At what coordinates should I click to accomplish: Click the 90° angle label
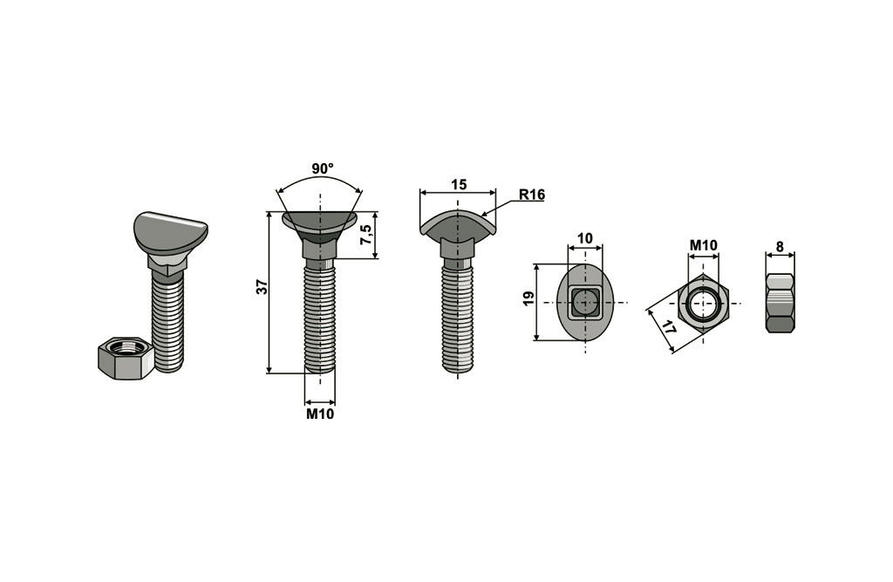tap(323, 168)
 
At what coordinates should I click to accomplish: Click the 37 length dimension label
tap(262, 287)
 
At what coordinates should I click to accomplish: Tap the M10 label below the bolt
tap(320, 414)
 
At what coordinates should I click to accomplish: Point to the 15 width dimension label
tap(459, 185)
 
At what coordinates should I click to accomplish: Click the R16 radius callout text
tap(532, 195)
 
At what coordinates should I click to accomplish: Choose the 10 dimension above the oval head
tap(585, 238)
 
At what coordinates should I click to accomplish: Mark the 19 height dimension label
tap(528, 298)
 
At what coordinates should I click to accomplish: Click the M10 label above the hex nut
tap(704, 246)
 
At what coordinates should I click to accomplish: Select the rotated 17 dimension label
tap(669, 327)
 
